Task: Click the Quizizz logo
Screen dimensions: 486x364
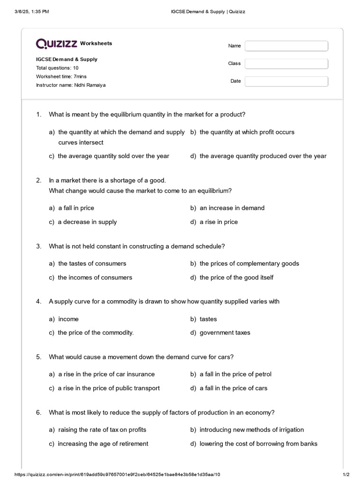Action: (x=57, y=44)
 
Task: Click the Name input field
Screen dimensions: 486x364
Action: (x=286, y=46)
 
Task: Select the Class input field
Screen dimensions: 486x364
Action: (x=286, y=64)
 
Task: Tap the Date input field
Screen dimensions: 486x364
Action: (x=286, y=81)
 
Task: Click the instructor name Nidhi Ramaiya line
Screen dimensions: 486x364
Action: (x=71, y=85)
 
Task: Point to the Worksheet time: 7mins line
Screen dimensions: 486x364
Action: (x=61, y=76)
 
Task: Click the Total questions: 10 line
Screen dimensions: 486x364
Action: (x=57, y=68)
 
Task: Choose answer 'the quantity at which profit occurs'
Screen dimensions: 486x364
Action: (x=246, y=132)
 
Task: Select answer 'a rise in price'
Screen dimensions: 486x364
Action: (x=218, y=222)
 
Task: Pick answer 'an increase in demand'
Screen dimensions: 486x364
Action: (x=232, y=208)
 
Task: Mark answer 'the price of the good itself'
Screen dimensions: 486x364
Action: (x=236, y=277)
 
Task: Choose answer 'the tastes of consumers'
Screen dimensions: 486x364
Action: (x=92, y=263)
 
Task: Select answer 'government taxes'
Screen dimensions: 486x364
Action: (x=225, y=333)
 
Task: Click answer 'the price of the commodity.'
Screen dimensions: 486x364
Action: (x=95, y=333)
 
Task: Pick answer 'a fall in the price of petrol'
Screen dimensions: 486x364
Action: (x=235, y=374)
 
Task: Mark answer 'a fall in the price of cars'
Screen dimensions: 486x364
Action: (x=233, y=388)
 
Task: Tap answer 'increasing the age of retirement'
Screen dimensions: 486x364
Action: (x=103, y=444)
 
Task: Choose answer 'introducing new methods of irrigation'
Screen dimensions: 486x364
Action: (x=251, y=430)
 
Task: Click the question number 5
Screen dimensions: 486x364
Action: (x=38, y=357)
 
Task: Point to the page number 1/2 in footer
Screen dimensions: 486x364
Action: (x=346, y=475)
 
